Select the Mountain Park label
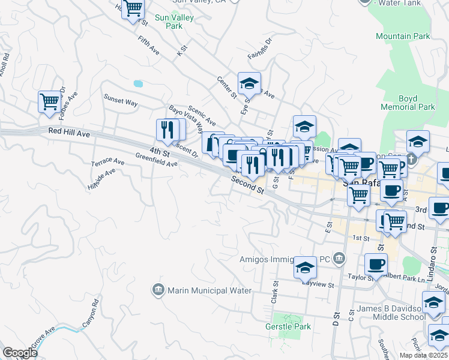point(403,36)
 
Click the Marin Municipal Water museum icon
point(158,290)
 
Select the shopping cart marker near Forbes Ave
point(49,101)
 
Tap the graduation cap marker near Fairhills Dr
point(249,83)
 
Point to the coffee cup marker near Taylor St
point(376,263)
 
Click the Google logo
point(20,353)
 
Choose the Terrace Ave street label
point(107,163)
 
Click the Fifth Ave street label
point(148,47)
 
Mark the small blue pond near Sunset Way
point(139,83)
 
